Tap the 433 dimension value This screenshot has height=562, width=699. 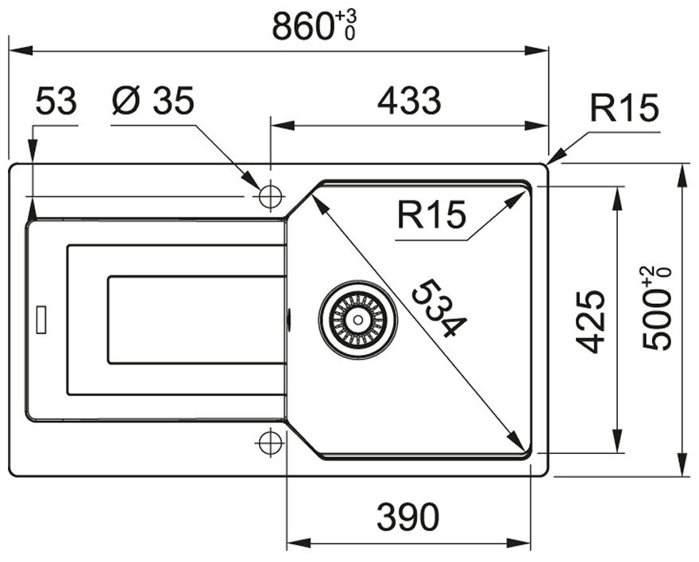click(x=409, y=101)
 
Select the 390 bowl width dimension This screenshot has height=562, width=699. click(x=408, y=517)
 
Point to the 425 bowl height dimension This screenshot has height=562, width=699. click(x=590, y=321)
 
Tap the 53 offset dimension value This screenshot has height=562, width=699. click(x=56, y=101)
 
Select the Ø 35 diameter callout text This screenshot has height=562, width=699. click(x=153, y=100)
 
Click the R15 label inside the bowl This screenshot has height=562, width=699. click(x=431, y=215)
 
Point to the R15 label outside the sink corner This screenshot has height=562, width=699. click(x=624, y=108)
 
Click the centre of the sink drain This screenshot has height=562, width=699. click(x=357, y=319)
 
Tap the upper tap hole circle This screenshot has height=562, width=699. click(x=270, y=196)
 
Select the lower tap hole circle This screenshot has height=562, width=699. click(x=270, y=442)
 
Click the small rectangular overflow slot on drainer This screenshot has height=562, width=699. click(x=41, y=319)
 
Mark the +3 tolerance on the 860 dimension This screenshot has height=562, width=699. click(x=346, y=17)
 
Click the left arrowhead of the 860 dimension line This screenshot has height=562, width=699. click(x=21, y=50)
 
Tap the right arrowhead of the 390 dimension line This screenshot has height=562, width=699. click(x=519, y=543)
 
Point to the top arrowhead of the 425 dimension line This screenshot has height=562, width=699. click(x=617, y=198)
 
